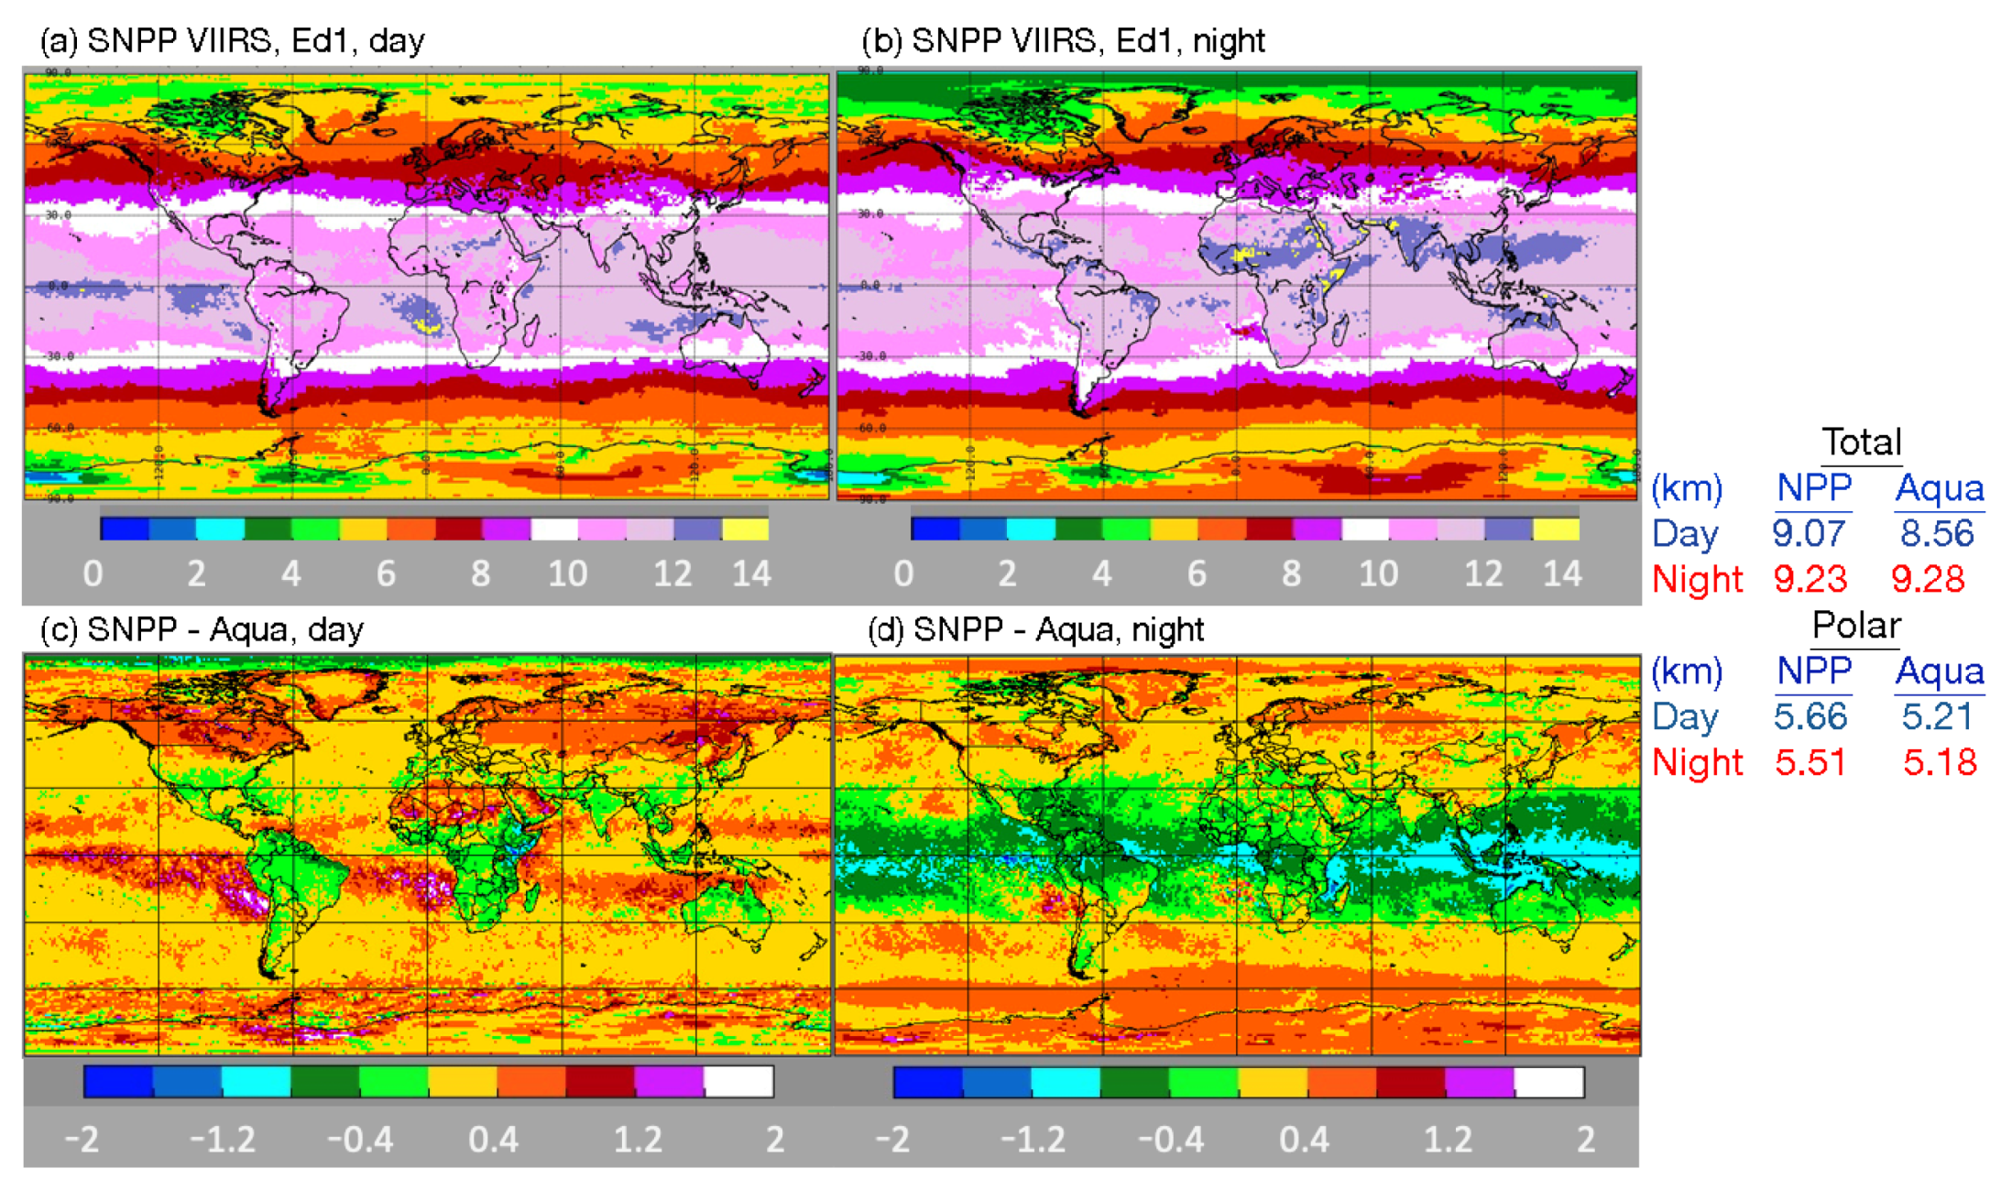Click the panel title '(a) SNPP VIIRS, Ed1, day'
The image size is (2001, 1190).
(x=232, y=41)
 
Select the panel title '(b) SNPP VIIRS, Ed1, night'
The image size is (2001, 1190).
(x=1063, y=41)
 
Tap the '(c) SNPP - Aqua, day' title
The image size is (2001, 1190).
(x=202, y=629)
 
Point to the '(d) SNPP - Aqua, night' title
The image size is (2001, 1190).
(x=1035, y=629)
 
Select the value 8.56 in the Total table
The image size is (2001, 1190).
(x=1936, y=533)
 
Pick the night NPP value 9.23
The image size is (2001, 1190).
(x=1810, y=579)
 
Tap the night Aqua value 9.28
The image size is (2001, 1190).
(x=1928, y=579)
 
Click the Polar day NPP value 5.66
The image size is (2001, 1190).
(x=1810, y=716)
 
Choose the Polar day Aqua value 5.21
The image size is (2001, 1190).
(x=1936, y=716)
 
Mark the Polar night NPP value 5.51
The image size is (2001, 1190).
(x=1810, y=762)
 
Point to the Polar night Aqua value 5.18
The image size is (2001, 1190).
(x=1939, y=762)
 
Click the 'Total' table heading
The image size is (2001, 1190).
(x=1861, y=442)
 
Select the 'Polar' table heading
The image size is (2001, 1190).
(x=1856, y=626)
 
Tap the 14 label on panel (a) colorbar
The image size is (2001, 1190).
(x=751, y=573)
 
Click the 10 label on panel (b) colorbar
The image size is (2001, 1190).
(x=1378, y=573)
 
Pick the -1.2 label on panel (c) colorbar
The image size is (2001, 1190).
(x=222, y=1140)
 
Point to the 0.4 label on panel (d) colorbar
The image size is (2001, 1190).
(x=1304, y=1140)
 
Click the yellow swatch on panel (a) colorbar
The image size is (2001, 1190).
(x=745, y=529)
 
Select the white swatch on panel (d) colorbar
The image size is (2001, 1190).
(x=1548, y=1082)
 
